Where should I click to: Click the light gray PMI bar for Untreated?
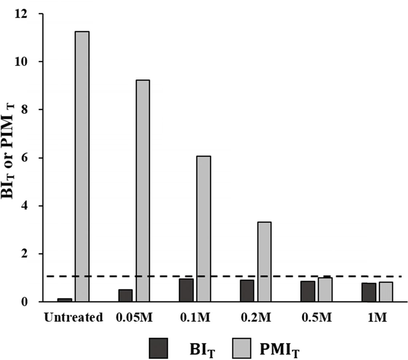82,166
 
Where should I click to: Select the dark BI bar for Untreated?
64,300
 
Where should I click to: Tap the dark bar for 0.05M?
125,296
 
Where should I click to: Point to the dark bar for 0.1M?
186,290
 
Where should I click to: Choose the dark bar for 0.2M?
247,291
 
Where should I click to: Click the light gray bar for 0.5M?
325,290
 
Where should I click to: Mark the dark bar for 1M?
369,292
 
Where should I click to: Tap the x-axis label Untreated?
73,317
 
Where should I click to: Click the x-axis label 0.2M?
256,317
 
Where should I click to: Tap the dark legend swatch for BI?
158,347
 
